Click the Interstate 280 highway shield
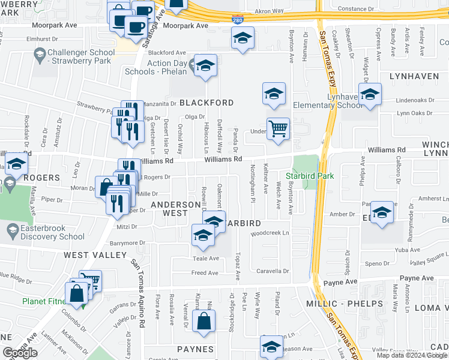click(238, 20)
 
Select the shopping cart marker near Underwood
click(278, 128)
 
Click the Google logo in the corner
click(20, 353)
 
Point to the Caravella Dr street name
click(273, 271)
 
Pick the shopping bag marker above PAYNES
click(203, 320)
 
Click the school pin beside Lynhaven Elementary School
click(370, 95)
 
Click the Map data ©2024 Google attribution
click(412, 355)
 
